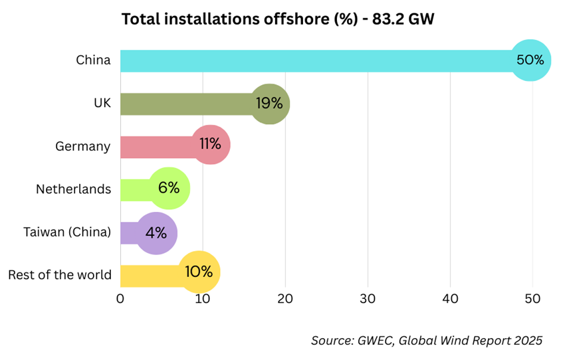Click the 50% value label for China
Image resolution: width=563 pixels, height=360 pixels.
point(530,60)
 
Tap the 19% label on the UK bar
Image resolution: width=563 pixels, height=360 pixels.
point(269,103)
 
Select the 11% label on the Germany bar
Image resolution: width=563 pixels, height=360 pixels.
point(209,144)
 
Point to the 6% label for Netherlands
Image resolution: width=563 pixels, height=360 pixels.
point(169,188)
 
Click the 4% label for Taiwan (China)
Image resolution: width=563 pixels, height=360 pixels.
point(156,232)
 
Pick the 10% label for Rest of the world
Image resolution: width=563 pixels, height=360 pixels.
point(198,272)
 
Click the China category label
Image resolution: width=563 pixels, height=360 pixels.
point(93,60)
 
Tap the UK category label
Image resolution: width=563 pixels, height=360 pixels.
point(102,103)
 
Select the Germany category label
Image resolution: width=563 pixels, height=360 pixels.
point(83,146)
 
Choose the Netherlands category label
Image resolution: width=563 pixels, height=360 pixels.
point(73,189)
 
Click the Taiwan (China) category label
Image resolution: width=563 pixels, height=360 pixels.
point(67,232)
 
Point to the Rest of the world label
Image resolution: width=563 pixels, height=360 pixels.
point(60,274)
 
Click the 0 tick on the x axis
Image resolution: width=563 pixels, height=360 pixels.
point(120,298)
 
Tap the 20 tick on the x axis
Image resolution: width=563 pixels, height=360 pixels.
point(285,298)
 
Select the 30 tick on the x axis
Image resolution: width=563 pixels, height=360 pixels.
point(368,298)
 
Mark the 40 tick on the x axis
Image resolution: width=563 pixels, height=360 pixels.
point(450,298)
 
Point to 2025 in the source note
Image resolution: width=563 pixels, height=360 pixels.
point(526,341)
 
